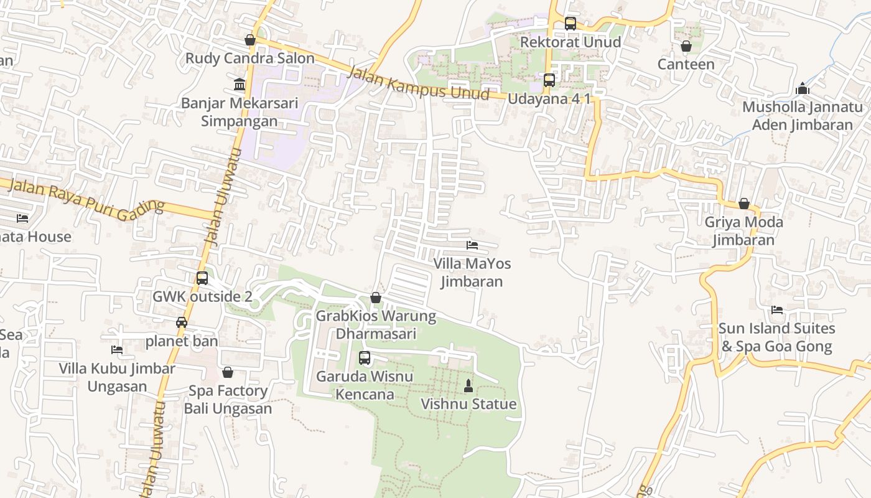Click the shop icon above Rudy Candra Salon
[250, 40]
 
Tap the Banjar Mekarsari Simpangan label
[240, 112]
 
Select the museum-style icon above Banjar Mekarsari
[240, 84]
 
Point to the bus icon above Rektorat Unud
[571, 24]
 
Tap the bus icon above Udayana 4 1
[549, 80]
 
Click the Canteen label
[686, 64]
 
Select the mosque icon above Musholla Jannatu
[803, 89]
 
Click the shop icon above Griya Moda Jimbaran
[743, 204]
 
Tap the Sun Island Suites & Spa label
[776, 337]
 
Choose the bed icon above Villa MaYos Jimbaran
[472, 245]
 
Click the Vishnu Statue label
[468, 404]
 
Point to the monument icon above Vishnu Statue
[468, 386]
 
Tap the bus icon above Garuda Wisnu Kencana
[365, 358]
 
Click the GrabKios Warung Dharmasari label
[376, 324]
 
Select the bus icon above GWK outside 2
[202, 278]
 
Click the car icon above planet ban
[182, 322]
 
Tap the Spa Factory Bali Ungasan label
[228, 400]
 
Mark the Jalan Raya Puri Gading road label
[87, 197]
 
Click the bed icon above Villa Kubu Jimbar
[116, 350]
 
